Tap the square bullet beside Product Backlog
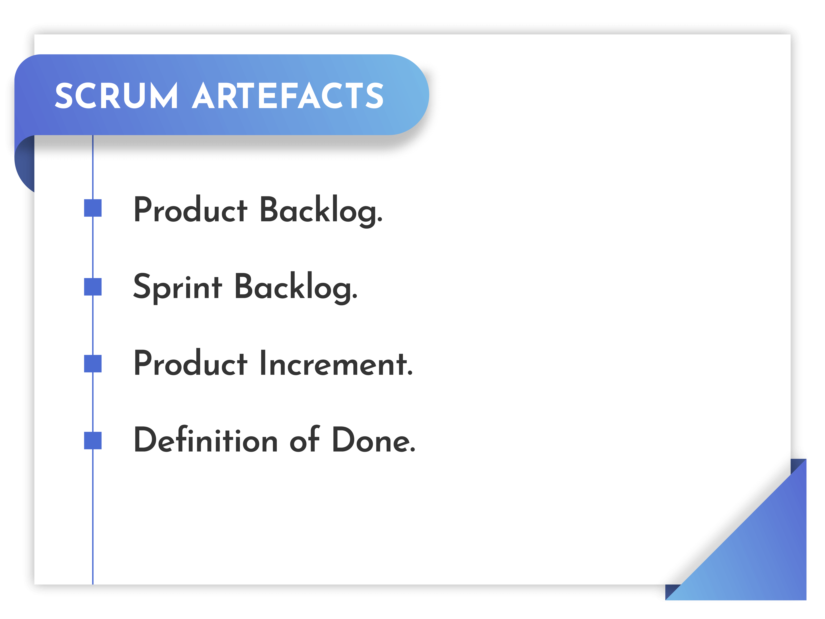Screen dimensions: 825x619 click(x=93, y=208)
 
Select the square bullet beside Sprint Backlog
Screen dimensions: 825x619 click(x=93, y=286)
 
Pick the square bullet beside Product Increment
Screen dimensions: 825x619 click(x=93, y=363)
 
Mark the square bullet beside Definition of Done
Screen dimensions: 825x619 click(x=93, y=440)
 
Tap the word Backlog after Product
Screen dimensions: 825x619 click(x=321, y=211)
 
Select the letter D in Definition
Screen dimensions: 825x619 click(x=147, y=439)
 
